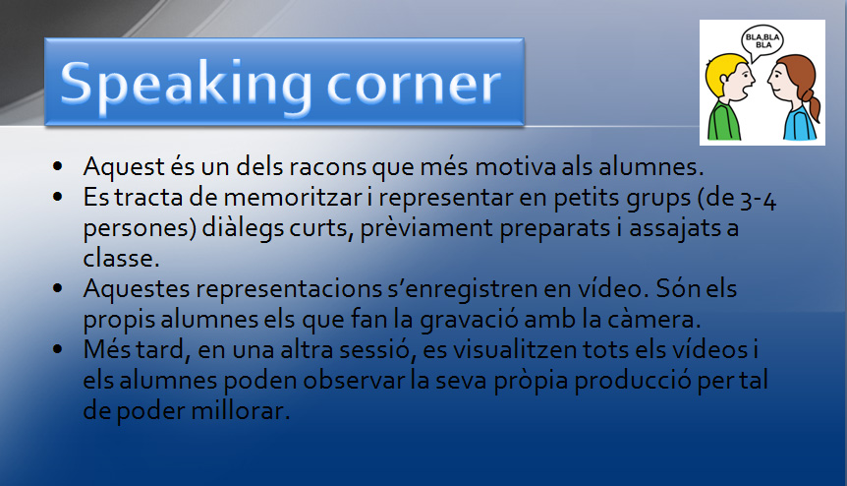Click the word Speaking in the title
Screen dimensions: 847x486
(187, 86)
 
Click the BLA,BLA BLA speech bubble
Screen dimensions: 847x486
(762, 42)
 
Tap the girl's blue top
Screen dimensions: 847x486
(800, 124)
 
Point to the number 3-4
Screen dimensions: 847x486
(758, 199)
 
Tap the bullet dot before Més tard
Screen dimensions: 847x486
(58, 349)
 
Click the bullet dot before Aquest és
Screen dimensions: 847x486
(58, 166)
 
